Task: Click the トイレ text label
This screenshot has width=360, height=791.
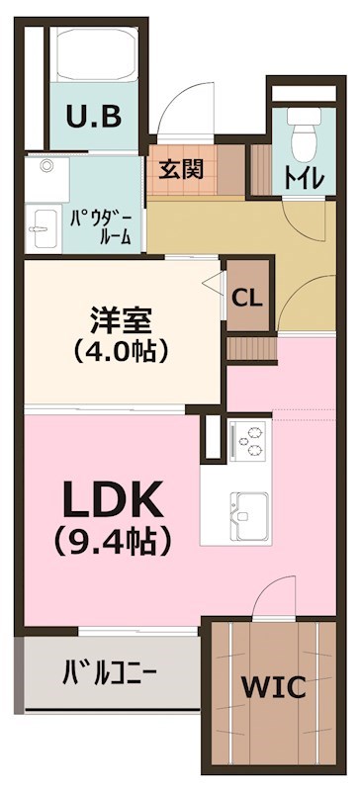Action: tap(301, 177)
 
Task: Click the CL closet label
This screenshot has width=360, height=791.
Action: tap(247, 297)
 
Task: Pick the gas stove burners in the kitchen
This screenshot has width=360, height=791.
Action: tap(249, 440)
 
